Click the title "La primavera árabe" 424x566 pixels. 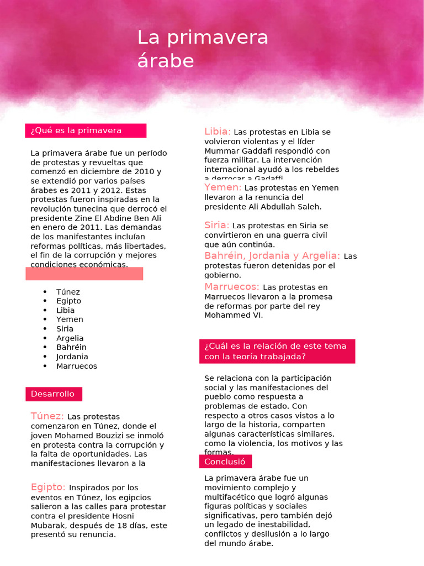pos(203,49)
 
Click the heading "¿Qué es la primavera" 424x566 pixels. pos(76,130)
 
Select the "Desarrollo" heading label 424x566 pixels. pos(52,394)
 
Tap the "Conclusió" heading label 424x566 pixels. pos(225,462)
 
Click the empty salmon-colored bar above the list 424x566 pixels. pos(84,274)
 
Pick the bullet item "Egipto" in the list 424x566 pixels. pos(68,301)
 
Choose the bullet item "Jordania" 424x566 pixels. pos(72,357)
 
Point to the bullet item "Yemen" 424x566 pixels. pos(70,319)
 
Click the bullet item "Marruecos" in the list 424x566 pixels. pos(76,366)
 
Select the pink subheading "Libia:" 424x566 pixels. pos(217,132)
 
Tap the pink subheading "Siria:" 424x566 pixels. pos(216,225)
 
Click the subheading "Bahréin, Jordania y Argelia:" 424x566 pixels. pos(272,255)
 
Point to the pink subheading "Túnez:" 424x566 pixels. pos(47,416)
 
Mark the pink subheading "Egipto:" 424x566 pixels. pos(48,487)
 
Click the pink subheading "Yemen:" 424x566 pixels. pos(222,187)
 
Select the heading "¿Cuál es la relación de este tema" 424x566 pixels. pos(275,346)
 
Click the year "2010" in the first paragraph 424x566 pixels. pos(144,171)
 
